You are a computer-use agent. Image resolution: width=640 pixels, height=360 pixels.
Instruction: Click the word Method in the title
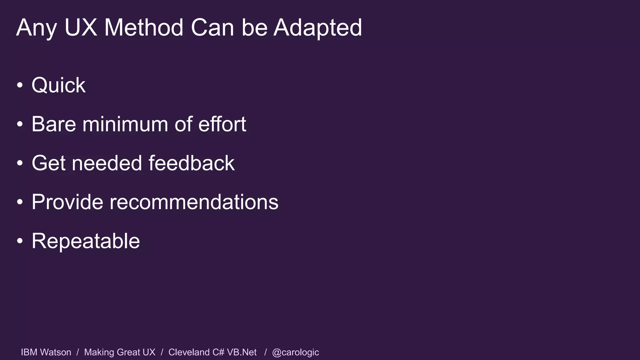(143, 28)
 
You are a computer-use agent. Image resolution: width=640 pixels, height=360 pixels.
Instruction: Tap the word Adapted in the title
(317, 28)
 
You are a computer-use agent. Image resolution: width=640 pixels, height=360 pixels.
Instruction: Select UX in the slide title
(81, 28)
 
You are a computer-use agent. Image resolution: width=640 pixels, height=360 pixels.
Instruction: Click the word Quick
(58, 85)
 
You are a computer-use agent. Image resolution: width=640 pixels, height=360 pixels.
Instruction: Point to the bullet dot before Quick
(20, 85)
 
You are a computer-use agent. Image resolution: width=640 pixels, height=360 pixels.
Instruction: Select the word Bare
(54, 124)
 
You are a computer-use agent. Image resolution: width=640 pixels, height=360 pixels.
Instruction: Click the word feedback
(191, 163)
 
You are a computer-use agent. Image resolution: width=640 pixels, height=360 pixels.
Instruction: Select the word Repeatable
(86, 241)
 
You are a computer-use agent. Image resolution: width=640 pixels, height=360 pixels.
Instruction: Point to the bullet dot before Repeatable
(20, 241)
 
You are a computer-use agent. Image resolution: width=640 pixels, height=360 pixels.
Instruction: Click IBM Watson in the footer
(46, 352)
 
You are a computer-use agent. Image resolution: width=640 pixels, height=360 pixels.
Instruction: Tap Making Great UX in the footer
(120, 352)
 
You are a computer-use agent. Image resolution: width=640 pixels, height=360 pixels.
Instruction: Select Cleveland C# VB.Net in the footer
(212, 352)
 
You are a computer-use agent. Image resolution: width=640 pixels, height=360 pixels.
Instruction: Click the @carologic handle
(295, 352)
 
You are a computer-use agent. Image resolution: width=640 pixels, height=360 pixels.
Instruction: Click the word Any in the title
(36, 28)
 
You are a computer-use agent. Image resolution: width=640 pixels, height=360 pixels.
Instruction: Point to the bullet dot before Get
(20, 163)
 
